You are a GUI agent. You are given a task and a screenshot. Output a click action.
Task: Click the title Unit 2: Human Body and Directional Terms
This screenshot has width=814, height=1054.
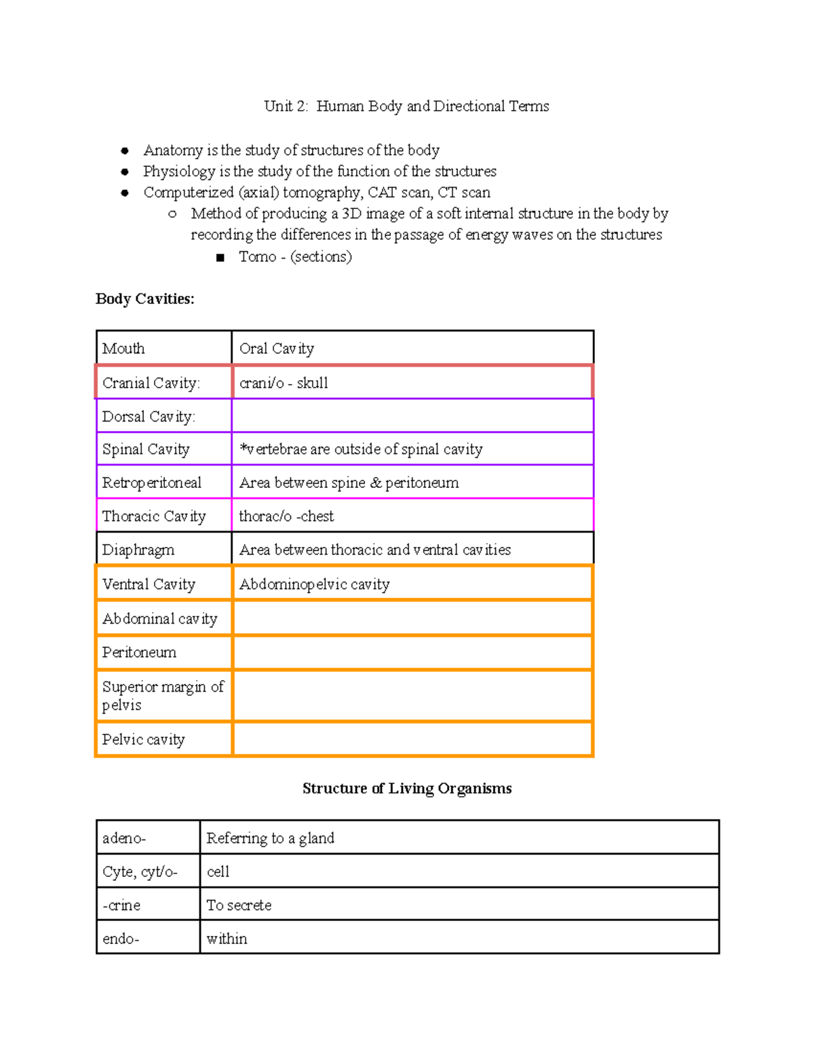(406, 106)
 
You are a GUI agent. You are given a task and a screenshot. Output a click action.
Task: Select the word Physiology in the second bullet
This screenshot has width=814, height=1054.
(179, 171)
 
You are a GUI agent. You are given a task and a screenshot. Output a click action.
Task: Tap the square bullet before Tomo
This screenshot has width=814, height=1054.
(220, 257)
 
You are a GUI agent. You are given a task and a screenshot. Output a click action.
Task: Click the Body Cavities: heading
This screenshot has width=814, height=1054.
(144, 299)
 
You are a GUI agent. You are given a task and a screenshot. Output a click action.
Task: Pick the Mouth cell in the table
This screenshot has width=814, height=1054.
(163, 348)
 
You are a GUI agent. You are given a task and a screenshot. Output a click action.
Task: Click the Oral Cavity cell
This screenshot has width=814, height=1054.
(412, 348)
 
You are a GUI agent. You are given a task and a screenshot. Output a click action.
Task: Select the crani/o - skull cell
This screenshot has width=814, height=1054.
(412, 383)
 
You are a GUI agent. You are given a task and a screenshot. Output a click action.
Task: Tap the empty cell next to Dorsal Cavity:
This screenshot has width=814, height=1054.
(412, 416)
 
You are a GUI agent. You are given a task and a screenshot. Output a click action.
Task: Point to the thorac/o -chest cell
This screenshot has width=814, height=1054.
(412, 516)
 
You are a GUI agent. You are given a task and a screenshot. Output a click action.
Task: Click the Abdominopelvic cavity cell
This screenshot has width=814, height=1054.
(412, 584)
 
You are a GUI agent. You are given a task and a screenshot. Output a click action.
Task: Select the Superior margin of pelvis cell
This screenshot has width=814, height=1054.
(163, 696)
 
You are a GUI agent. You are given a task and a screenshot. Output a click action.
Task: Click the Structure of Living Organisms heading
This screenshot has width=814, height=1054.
(406, 788)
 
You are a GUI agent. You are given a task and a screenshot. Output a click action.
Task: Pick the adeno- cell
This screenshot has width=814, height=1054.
(148, 838)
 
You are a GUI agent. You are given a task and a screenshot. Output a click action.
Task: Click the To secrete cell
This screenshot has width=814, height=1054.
(459, 905)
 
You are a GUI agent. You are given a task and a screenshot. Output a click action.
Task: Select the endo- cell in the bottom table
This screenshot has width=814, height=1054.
(148, 939)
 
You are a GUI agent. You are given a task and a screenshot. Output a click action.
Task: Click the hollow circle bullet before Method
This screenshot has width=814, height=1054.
(172, 214)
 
